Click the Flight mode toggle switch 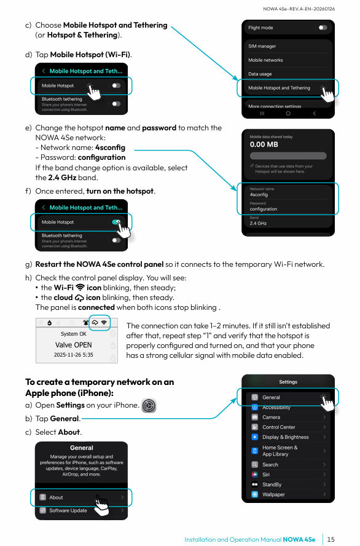point(323,28)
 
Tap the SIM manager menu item point(262,46)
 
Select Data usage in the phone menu point(260,74)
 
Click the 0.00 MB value point(264,144)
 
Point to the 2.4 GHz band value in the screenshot point(258,223)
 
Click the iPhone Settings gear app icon point(149,405)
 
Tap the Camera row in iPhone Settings point(271,417)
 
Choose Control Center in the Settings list point(279,427)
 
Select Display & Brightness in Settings point(285,437)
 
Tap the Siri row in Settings point(266,474)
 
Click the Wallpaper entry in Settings point(273,494)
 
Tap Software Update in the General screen point(68,510)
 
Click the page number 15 point(331,539)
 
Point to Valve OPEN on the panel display point(73,345)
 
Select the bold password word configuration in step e point(101,157)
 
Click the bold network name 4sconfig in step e point(110,148)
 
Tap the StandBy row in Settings point(272,485)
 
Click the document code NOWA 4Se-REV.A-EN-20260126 point(299,9)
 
